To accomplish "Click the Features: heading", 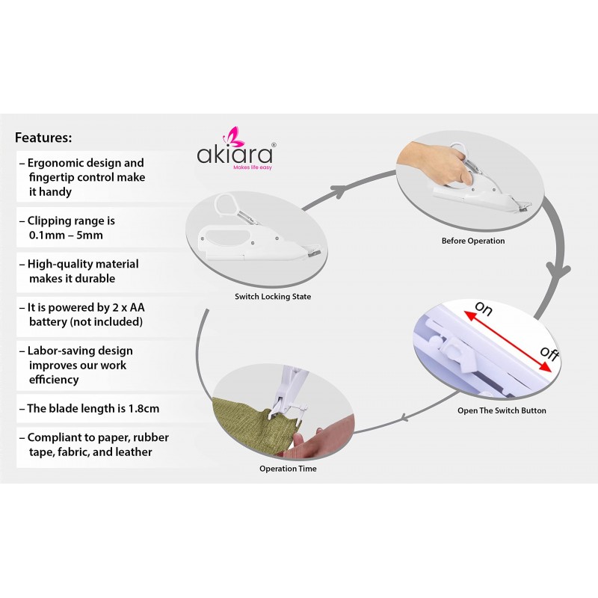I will [43, 138].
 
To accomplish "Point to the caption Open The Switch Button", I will [502, 410].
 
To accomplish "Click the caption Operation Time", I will [288, 469].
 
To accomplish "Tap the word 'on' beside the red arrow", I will [482, 309].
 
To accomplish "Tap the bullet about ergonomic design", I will [86, 176].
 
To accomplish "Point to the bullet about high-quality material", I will [82, 271].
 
